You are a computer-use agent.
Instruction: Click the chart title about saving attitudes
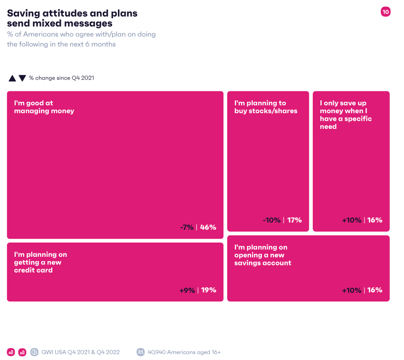point(72,18)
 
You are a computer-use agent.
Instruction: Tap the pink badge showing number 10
point(385,12)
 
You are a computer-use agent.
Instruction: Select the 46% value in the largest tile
point(208,227)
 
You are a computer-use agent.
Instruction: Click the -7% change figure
point(187,227)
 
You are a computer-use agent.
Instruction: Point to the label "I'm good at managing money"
point(44,107)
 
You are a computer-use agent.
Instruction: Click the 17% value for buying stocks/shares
point(295,220)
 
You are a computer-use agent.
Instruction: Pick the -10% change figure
point(272,220)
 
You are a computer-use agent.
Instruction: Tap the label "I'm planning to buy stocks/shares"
point(266,107)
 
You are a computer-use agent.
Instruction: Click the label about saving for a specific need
point(346,115)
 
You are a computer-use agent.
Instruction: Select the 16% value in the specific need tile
point(375,220)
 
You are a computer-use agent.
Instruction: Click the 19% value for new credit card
point(209,290)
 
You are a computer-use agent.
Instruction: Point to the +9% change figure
point(187,290)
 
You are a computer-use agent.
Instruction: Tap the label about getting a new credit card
point(40,263)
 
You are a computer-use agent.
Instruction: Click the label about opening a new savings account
point(262,255)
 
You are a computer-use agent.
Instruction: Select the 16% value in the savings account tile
point(375,290)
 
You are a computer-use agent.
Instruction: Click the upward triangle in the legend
point(12,78)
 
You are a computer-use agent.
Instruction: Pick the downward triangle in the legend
point(22,78)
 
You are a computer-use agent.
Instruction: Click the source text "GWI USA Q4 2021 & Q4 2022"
point(80,352)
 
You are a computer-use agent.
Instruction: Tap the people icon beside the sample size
point(141,352)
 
